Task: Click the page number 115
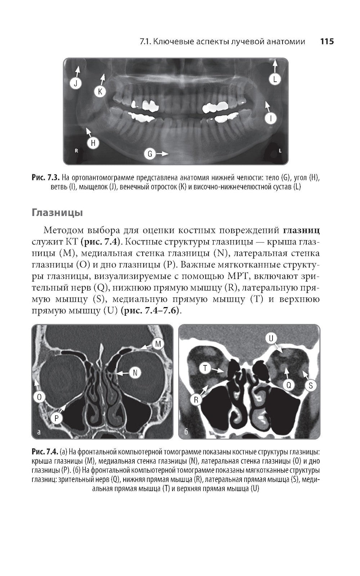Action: click(327, 41)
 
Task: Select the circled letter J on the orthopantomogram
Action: click(76, 84)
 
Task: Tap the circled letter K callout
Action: click(100, 92)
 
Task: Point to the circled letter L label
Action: click(275, 79)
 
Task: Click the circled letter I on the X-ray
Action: click(271, 118)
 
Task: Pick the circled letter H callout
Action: click(93, 143)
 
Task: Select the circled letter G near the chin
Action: click(150, 154)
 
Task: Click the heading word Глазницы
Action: click(58, 212)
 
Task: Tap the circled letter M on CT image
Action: click(158, 344)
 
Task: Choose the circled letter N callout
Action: click(135, 373)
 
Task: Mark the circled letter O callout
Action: click(39, 397)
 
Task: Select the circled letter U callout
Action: click(271, 338)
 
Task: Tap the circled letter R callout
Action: click(196, 400)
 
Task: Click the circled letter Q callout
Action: click(288, 385)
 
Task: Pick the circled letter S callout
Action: click(311, 386)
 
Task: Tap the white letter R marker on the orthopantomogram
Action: click(76, 151)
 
